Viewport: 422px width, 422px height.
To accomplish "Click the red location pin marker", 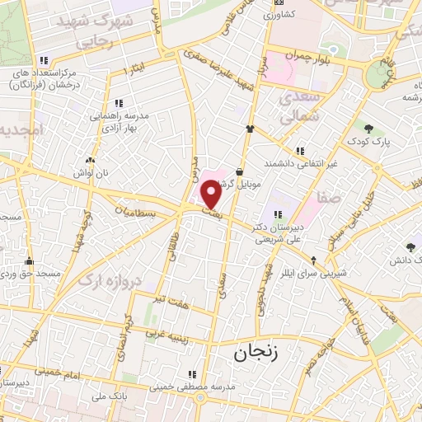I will [211, 195].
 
